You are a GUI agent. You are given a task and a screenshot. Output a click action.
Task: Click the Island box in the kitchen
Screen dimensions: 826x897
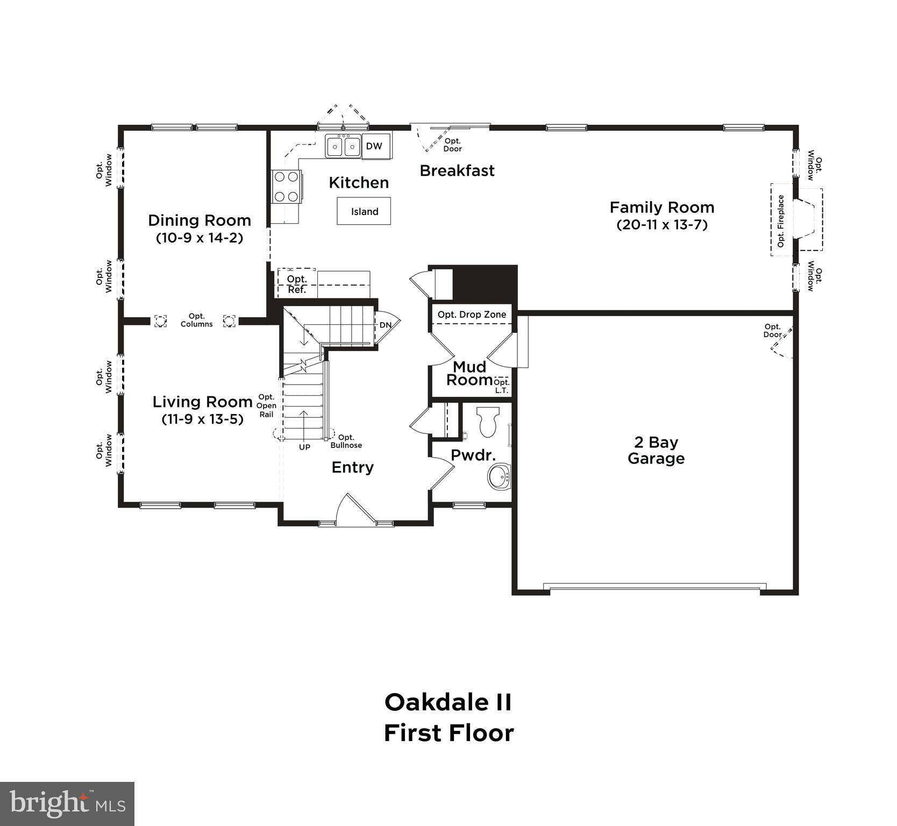click(364, 211)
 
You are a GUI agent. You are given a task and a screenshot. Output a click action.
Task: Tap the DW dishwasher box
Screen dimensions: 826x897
click(374, 146)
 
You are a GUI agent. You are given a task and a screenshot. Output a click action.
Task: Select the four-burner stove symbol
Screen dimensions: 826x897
click(286, 186)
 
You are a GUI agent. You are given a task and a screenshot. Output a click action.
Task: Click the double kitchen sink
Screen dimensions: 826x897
click(343, 146)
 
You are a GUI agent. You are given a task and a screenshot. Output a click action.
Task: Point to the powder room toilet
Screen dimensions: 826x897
click(488, 422)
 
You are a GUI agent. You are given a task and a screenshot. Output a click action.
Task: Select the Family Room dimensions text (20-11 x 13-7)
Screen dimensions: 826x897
click(661, 225)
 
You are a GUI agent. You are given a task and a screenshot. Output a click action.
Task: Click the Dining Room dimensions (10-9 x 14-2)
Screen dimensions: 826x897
click(200, 238)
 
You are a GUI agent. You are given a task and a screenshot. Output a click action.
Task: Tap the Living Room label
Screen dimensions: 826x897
click(202, 402)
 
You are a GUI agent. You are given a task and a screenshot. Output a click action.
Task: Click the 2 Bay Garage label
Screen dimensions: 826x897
click(656, 450)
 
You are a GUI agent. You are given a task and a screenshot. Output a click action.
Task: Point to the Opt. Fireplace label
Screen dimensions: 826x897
click(781, 221)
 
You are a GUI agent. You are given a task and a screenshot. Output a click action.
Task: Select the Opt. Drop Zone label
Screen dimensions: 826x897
click(472, 315)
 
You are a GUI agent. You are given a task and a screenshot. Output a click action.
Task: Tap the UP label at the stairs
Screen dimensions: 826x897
click(304, 447)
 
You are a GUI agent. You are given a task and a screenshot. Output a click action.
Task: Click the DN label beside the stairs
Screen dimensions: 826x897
click(386, 325)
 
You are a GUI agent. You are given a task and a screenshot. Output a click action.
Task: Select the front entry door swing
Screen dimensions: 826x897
click(355, 509)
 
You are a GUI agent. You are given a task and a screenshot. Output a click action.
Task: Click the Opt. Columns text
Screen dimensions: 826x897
click(196, 321)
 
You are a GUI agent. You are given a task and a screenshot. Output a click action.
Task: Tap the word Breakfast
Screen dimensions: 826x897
click(457, 171)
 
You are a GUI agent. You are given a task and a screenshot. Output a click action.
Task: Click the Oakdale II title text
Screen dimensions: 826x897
click(448, 702)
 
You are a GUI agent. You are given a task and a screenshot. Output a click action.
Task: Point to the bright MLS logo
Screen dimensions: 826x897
click(67, 804)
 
